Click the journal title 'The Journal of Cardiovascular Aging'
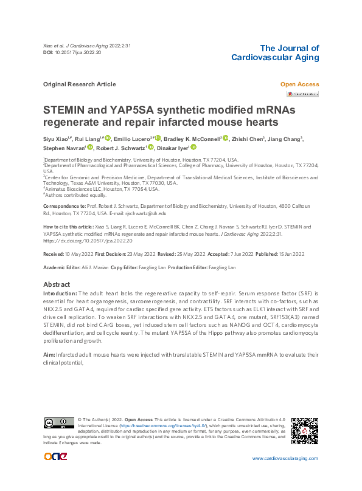click(x=276, y=53)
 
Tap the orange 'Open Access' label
click(x=299, y=84)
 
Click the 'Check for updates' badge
click(x=302, y=94)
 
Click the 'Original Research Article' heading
click(x=80, y=84)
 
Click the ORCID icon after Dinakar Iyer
click(x=193, y=147)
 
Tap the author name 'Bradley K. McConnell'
click(x=191, y=139)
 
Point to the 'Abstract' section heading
click(x=58, y=284)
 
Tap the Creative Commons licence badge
click(x=59, y=423)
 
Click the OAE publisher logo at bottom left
click(x=58, y=457)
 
